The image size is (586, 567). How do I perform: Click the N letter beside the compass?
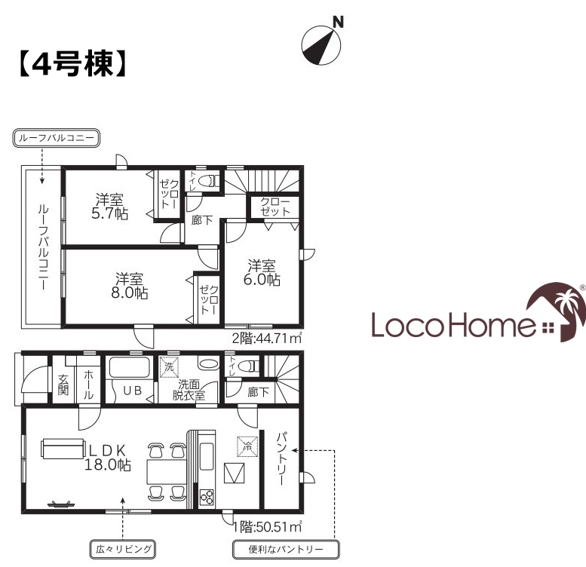[x=338, y=23]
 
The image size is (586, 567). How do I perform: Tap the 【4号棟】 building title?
[x=73, y=64]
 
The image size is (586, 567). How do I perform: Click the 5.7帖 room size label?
[x=110, y=213]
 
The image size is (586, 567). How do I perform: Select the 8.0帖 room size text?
[x=130, y=293]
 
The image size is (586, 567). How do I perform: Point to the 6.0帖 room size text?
[x=262, y=280]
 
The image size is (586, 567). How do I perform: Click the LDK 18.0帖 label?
[x=108, y=458]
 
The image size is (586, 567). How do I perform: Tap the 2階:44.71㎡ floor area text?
[x=267, y=338]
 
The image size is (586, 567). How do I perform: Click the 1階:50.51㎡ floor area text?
[x=267, y=526]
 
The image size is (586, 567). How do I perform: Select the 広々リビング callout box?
[x=123, y=549]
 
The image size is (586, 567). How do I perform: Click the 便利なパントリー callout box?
[x=286, y=550]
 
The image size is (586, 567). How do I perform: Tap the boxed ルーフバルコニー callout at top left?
[x=57, y=138]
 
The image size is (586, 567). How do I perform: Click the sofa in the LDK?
[x=62, y=448]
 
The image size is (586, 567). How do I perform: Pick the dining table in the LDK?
[x=167, y=472]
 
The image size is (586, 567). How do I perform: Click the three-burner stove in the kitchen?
[x=207, y=497]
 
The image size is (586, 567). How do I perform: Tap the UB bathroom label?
[x=133, y=391]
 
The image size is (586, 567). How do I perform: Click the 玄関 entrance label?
[x=63, y=385]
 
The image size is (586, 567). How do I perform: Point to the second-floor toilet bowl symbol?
[x=207, y=182]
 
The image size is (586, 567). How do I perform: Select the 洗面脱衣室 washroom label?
[x=189, y=390]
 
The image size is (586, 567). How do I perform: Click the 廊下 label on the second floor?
[x=202, y=220]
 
